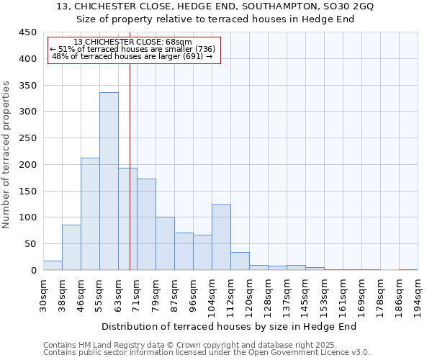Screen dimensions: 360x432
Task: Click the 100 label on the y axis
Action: (27, 217)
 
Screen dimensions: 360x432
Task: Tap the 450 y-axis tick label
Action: (27, 32)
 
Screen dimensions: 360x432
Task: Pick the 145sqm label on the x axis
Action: (305, 295)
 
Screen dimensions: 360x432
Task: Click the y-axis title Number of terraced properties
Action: (6, 154)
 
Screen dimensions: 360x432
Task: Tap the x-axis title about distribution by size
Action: (230, 327)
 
